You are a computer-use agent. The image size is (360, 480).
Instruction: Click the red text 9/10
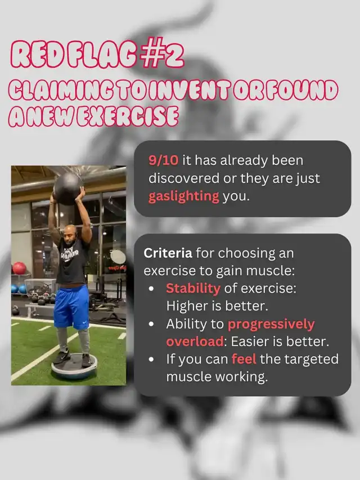click(163, 160)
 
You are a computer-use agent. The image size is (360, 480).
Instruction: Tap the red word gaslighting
click(184, 196)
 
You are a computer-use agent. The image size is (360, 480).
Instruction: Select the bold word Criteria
click(168, 253)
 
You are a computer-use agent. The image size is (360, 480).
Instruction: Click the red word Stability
click(193, 288)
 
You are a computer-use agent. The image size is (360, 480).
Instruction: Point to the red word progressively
click(271, 325)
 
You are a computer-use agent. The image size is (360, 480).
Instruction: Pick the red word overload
click(195, 342)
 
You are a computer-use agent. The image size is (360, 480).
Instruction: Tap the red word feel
click(244, 359)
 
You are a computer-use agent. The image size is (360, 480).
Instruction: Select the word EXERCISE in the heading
click(127, 116)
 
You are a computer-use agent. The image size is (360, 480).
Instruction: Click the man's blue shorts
click(72, 307)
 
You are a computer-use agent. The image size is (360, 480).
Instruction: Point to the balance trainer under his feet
click(74, 366)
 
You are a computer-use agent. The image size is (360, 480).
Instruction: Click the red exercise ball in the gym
click(19, 268)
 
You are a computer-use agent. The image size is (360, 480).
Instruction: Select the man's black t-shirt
click(73, 261)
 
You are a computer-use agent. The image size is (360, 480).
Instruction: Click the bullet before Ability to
click(151, 325)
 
